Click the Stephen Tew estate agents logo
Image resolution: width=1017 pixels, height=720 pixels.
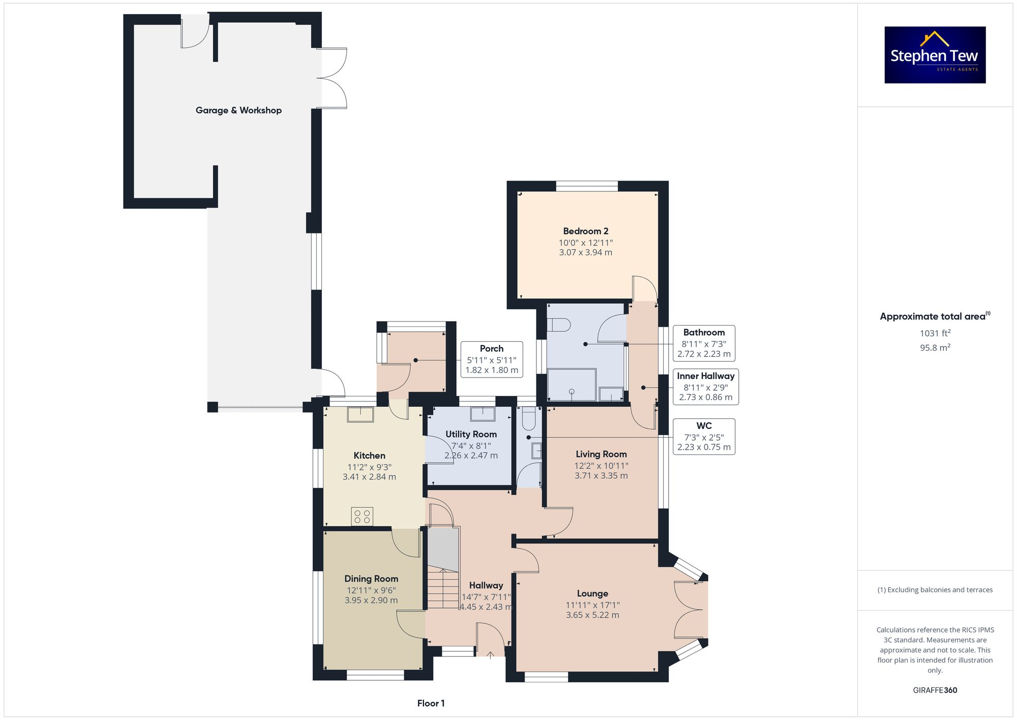coord(935,55)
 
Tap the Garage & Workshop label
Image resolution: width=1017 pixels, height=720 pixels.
coord(238,110)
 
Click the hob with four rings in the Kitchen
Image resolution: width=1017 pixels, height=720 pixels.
coord(362,517)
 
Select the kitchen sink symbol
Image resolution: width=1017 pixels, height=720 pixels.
coord(360,414)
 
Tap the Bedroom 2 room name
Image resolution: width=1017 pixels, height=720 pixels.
coord(585,231)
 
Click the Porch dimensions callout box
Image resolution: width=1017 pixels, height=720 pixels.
coord(491,359)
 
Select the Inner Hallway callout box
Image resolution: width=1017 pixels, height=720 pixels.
coord(705,387)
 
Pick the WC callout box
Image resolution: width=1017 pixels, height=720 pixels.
coord(704,437)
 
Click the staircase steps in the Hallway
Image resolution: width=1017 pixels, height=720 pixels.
coord(443,589)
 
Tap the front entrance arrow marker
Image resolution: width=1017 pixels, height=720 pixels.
coord(490,654)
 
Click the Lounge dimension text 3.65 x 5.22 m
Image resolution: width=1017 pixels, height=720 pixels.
coord(592,615)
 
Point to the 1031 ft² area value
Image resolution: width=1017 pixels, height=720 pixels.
coord(935,333)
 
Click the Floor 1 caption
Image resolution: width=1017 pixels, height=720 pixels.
coord(431,703)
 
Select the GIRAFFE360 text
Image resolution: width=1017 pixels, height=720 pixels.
coord(935,690)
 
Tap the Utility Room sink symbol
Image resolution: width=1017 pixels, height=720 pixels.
coord(482,414)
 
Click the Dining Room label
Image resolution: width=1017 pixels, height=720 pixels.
coord(371,579)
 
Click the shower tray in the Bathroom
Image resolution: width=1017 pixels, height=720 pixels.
coord(572,385)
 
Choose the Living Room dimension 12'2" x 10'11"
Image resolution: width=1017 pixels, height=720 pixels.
coord(602,466)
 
